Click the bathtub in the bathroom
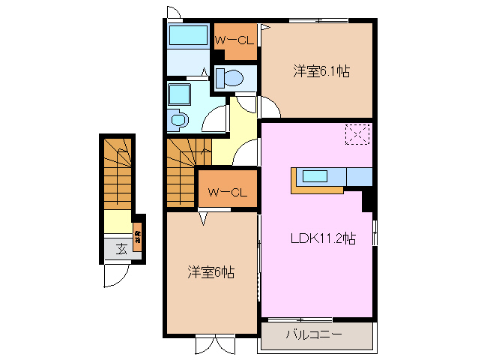point(187,36)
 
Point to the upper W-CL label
point(235,40)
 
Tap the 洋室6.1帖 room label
point(321,71)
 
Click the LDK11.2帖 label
point(322,239)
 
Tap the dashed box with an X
point(357,135)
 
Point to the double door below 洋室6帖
point(216,344)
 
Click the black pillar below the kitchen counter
point(368,200)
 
